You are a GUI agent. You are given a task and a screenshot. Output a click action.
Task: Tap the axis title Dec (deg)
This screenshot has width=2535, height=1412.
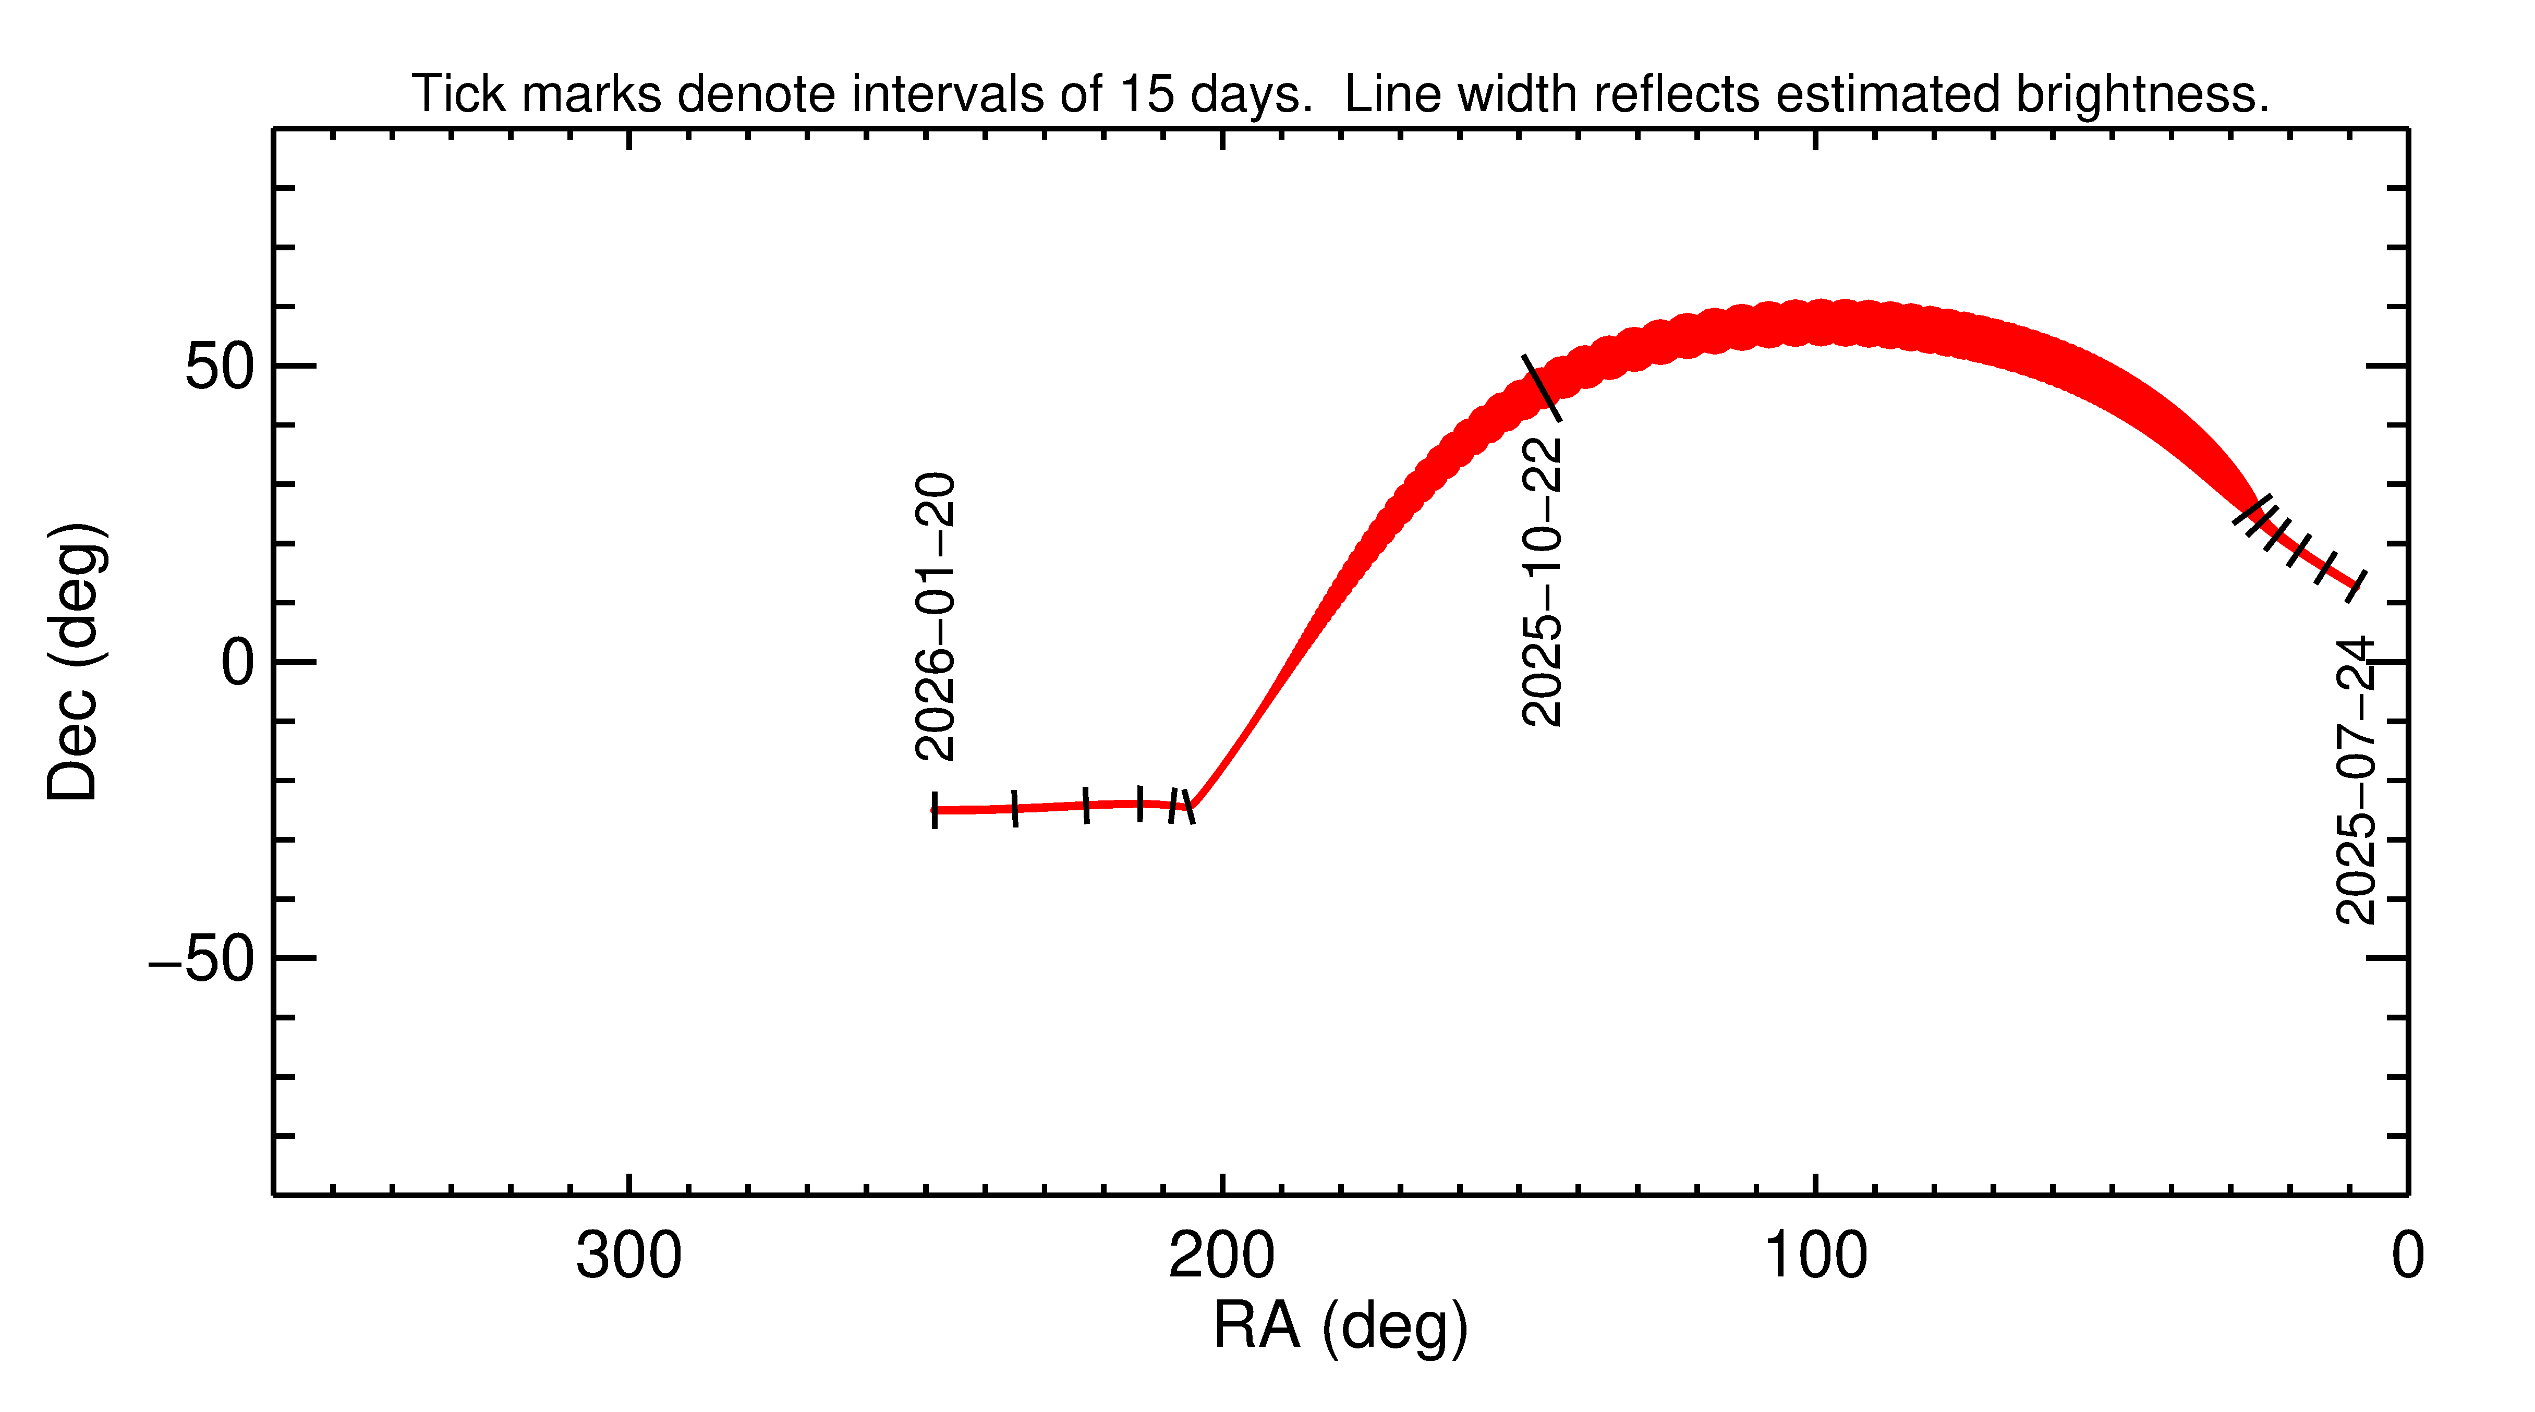coord(75,661)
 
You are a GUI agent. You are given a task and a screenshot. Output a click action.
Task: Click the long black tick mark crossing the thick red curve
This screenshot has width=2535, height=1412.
coord(1541,387)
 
